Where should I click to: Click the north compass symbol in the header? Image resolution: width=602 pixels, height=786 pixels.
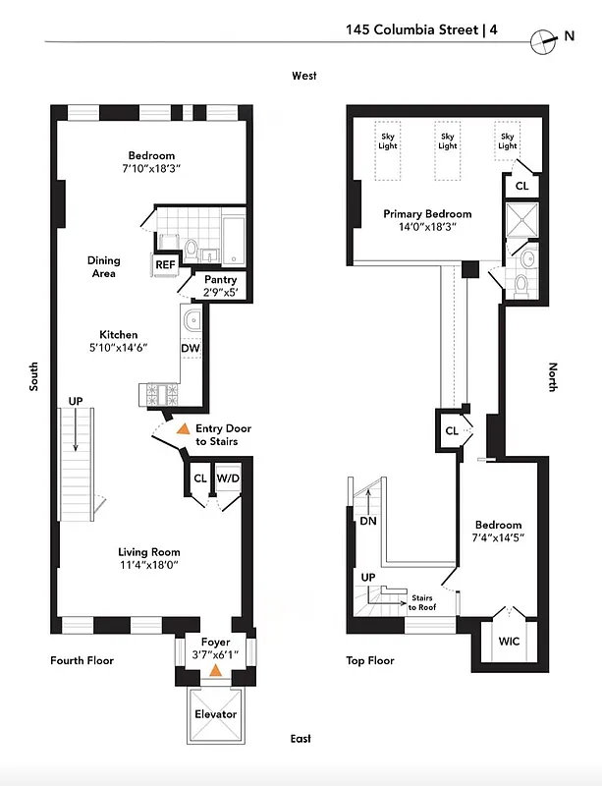(542, 39)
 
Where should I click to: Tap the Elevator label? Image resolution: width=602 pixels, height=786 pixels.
(214, 714)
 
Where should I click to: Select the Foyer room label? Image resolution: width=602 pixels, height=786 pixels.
(214, 643)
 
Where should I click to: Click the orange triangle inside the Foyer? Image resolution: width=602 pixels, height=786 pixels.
(215, 672)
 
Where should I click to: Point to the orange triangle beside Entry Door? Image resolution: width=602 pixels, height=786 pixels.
(182, 429)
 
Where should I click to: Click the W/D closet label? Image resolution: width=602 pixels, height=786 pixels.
(228, 478)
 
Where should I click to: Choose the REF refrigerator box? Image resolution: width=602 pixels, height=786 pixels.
(164, 263)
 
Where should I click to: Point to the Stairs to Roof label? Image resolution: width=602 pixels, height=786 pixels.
(422, 602)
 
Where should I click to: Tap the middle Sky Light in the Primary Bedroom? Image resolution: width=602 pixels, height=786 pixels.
(448, 141)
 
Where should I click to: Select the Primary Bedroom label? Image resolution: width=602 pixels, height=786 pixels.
(427, 214)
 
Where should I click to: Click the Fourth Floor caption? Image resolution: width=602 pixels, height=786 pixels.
(82, 660)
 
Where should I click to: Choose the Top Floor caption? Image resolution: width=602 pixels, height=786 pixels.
(369, 660)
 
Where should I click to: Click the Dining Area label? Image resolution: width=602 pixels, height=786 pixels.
(104, 267)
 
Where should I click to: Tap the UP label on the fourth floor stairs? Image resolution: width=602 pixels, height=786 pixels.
(76, 401)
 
